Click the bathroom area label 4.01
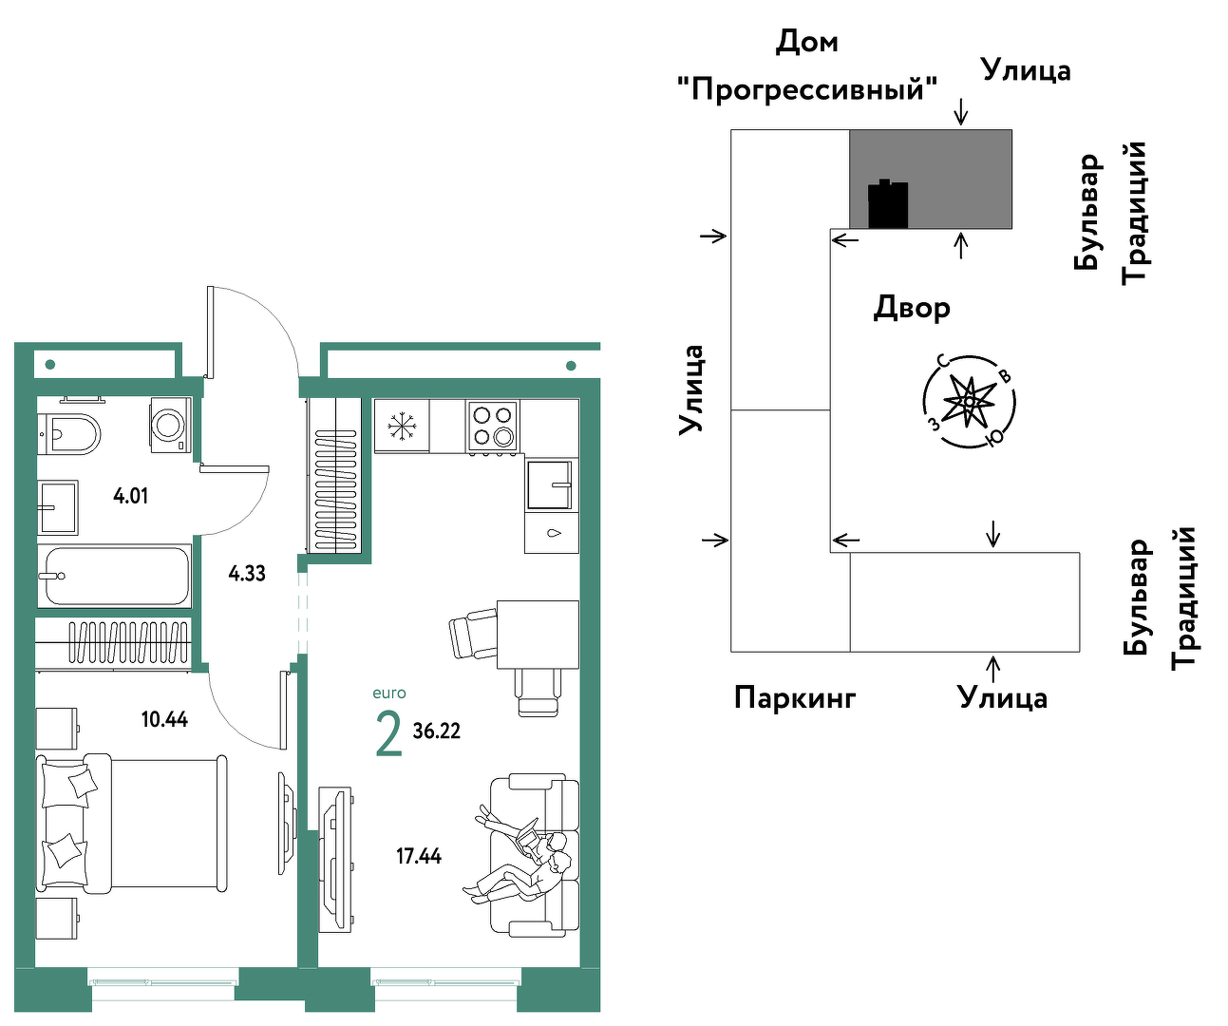click(x=130, y=496)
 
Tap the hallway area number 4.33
click(x=247, y=573)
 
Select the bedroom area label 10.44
click(x=164, y=719)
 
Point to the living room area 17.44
click(x=419, y=856)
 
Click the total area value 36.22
click(x=436, y=731)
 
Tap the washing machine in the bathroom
click(x=171, y=425)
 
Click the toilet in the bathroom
click(x=68, y=434)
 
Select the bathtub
click(x=114, y=576)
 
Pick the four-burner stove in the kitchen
click(x=492, y=426)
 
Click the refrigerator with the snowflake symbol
click(x=403, y=426)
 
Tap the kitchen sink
click(x=549, y=484)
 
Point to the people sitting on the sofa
click(x=518, y=853)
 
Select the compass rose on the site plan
click(x=968, y=402)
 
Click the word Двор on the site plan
click(x=912, y=308)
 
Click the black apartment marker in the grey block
click(x=888, y=203)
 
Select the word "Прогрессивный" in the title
click(x=807, y=90)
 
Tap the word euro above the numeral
click(x=389, y=693)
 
